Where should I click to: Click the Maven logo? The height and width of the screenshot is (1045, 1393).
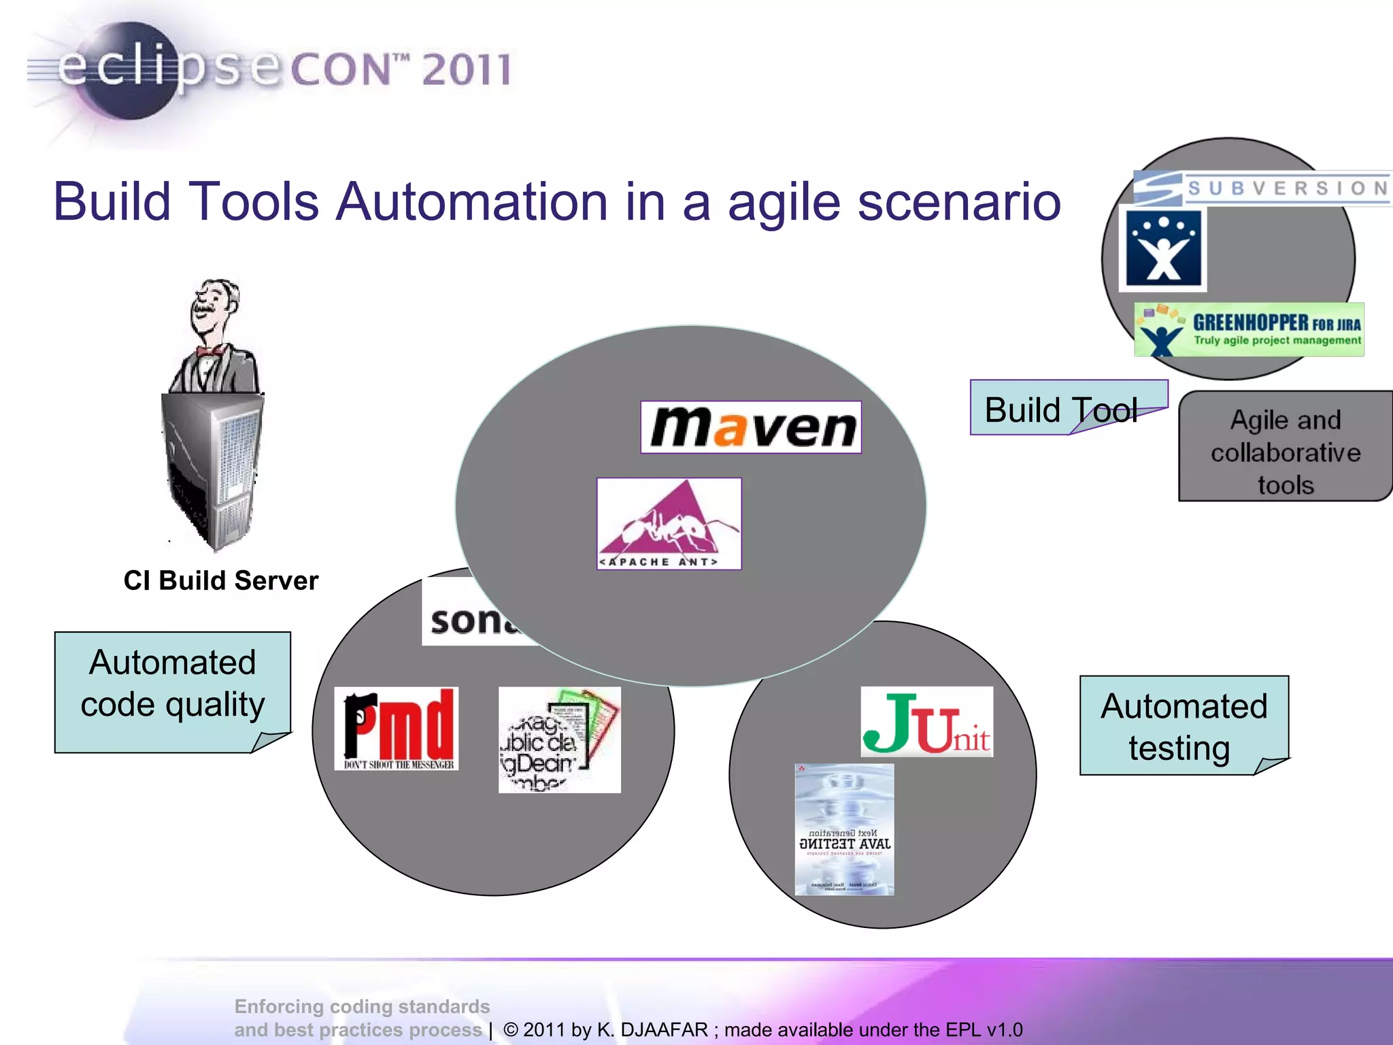pos(751,427)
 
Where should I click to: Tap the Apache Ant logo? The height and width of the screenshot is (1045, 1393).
pos(669,524)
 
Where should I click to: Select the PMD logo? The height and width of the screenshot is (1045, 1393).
pos(397,729)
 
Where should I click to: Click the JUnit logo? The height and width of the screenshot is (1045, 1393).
pos(926,722)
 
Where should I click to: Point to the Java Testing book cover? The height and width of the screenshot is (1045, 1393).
pos(844,829)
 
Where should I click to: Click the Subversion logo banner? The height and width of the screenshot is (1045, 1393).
pos(1262,188)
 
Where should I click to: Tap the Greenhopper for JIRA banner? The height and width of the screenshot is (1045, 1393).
pos(1249,330)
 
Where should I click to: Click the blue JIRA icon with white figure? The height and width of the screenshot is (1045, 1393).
pos(1163,249)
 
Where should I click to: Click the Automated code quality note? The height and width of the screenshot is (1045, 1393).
pos(173,684)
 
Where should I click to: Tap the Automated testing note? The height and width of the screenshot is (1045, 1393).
pos(1184,726)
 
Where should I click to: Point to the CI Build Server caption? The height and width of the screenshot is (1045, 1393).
pos(221,580)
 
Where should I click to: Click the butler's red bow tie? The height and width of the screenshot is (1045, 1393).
pos(212,351)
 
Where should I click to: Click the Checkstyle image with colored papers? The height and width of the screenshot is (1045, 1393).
pos(559,740)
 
